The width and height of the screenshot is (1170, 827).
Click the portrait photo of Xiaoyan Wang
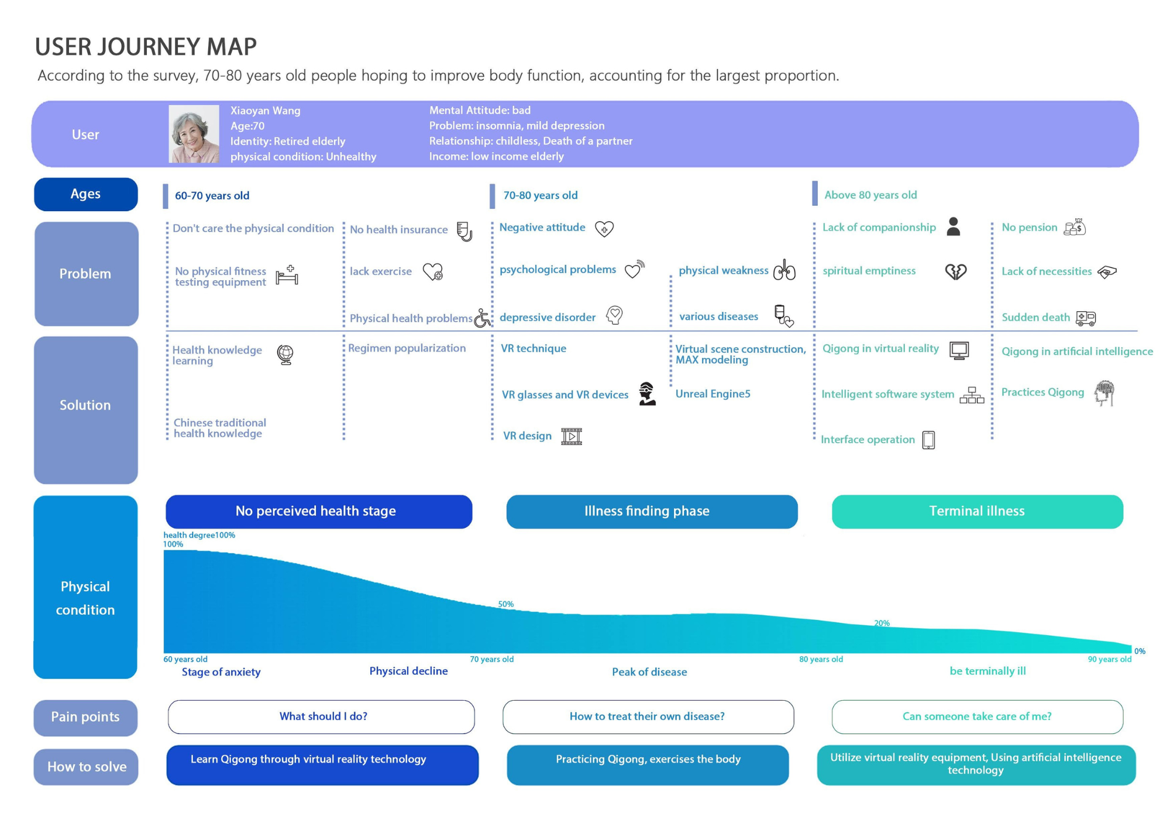click(x=194, y=134)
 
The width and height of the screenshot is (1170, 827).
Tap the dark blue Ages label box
click(x=86, y=194)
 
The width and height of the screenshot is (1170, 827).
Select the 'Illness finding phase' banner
click(x=652, y=512)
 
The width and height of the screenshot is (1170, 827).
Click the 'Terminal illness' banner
click(x=977, y=512)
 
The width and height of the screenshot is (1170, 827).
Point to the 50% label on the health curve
click(x=505, y=604)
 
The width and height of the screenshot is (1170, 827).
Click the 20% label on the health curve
click(x=882, y=623)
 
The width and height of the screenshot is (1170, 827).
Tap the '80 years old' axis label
click(x=821, y=659)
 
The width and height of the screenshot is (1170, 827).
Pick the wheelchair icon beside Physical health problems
click(x=483, y=318)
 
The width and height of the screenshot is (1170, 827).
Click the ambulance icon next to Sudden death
click(x=1086, y=318)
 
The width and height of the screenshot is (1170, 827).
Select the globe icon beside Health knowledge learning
click(x=285, y=354)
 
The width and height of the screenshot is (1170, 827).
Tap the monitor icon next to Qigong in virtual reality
click(x=959, y=350)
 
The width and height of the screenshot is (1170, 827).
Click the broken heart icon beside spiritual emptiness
click(x=956, y=271)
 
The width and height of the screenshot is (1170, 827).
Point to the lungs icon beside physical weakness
click(x=784, y=270)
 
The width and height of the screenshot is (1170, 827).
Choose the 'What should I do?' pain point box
click(x=321, y=717)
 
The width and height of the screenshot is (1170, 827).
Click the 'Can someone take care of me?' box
click(x=977, y=717)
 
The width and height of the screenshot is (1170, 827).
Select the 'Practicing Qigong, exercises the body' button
click(x=648, y=765)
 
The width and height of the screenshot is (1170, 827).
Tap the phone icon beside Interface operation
click(x=928, y=440)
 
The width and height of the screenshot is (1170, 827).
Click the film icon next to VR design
click(x=572, y=436)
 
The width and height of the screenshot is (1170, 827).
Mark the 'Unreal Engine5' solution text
click(x=713, y=394)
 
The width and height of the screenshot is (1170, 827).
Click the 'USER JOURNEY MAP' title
click(x=146, y=47)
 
